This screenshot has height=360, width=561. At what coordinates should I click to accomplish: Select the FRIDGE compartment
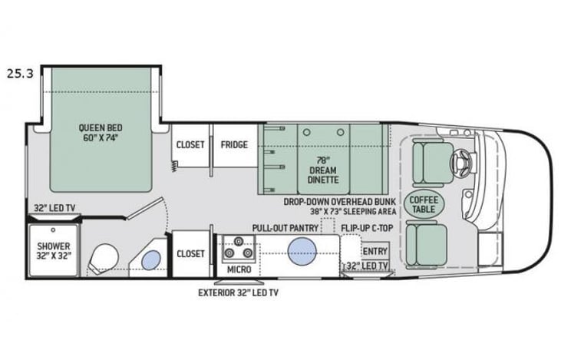click(233, 144)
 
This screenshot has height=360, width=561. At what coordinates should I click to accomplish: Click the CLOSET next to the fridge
click(190, 144)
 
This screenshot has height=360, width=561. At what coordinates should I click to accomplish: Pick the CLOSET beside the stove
click(190, 253)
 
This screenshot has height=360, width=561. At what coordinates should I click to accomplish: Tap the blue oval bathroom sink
click(151, 259)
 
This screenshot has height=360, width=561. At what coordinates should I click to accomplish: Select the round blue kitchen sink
click(303, 250)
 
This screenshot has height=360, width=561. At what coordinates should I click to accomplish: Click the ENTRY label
click(375, 251)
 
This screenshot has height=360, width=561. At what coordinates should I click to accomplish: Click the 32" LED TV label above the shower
click(52, 207)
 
